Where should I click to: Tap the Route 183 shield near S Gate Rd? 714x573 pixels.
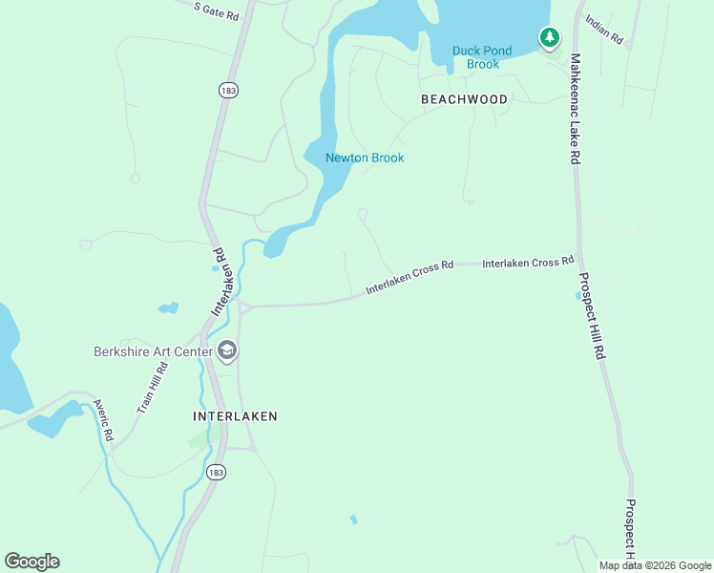click(x=228, y=90)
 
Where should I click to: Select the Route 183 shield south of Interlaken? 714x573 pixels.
click(x=217, y=473)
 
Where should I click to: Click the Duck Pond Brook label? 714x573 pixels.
click(x=482, y=57)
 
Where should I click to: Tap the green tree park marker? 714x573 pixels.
click(x=549, y=38)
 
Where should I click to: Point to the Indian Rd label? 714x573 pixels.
click(x=604, y=30)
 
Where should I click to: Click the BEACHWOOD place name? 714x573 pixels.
click(x=464, y=99)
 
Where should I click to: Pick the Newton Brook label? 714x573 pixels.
click(x=365, y=158)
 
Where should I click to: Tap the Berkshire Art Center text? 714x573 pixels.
click(x=153, y=351)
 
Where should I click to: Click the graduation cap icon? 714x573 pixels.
click(x=227, y=351)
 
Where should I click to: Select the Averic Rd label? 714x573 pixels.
click(x=103, y=421)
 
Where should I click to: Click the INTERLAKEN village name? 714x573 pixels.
click(x=235, y=416)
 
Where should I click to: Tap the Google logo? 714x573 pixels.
click(x=31, y=562)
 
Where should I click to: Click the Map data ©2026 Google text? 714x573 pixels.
click(x=654, y=565)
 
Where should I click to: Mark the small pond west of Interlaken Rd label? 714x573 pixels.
click(x=169, y=308)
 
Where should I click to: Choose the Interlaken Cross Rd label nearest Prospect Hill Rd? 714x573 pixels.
click(x=527, y=262)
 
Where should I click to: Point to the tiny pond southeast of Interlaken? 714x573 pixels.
click(x=354, y=520)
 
